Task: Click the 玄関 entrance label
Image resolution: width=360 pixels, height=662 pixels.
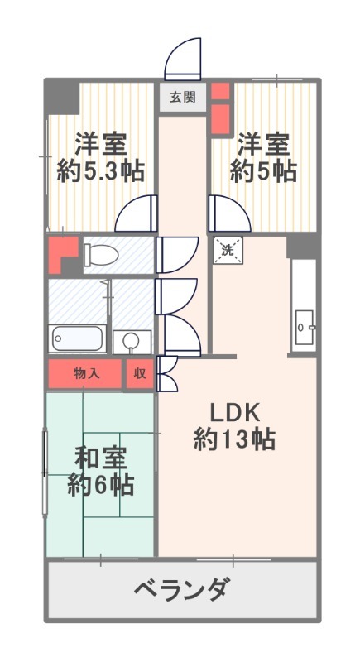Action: [x=182, y=97]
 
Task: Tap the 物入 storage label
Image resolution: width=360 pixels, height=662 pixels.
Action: [x=86, y=373]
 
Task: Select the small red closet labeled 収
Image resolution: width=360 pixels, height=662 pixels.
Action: [x=140, y=373]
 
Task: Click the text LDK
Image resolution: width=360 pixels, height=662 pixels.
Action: [x=234, y=411]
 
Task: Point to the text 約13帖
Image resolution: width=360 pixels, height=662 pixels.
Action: [x=234, y=439]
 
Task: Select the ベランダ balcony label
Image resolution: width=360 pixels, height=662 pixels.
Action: [x=181, y=590]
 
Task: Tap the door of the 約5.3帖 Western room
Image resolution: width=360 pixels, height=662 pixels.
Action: [x=137, y=214]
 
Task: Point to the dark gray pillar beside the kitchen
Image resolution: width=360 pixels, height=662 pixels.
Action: [x=302, y=245]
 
